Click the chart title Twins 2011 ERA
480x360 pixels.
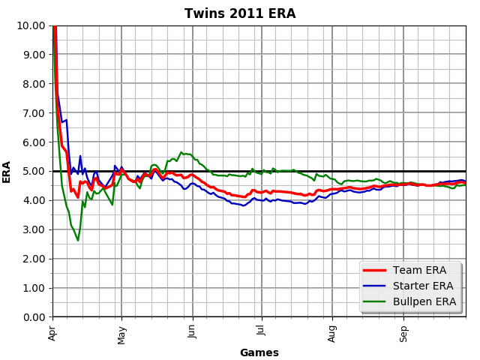[x=240, y=13]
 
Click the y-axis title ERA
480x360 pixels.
[x=7, y=172]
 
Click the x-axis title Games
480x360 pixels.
[x=259, y=352]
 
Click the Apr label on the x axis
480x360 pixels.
[x=52, y=331]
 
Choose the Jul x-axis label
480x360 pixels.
[x=261, y=331]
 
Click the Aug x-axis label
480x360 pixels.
[x=332, y=332]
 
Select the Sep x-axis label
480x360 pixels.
[x=403, y=332]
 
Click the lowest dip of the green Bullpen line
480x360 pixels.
[x=77, y=240]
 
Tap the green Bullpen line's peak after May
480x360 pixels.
[x=181, y=152]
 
